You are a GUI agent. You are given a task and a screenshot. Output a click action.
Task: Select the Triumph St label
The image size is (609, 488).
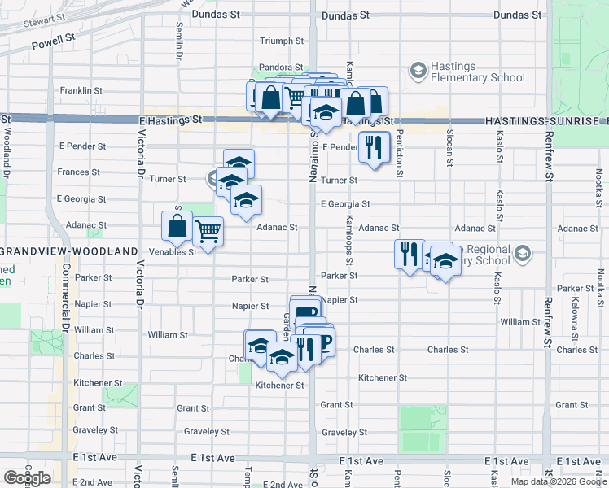[x=281, y=41]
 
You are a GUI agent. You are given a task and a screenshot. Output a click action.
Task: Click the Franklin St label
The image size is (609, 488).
[x=81, y=91]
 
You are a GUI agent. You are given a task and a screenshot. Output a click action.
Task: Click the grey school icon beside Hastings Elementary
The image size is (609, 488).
[x=418, y=72]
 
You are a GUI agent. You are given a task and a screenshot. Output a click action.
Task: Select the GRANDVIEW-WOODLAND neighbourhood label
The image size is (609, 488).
[x=68, y=252]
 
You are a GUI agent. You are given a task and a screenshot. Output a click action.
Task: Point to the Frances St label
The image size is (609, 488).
[x=78, y=172]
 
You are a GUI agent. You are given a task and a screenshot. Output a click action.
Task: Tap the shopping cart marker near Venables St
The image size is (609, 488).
[x=208, y=232]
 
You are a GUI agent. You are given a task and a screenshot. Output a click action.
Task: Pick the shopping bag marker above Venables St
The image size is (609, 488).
[x=177, y=227]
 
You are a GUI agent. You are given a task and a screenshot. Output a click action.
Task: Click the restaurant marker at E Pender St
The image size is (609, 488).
[x=375, y=147]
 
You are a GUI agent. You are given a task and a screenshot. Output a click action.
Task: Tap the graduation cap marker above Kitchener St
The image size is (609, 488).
[x=282, y=357]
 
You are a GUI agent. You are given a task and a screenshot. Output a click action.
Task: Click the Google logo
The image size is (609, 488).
[x=27, y=478]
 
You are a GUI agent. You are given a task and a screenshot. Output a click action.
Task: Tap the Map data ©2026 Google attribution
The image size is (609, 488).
[x=559, y=481]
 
